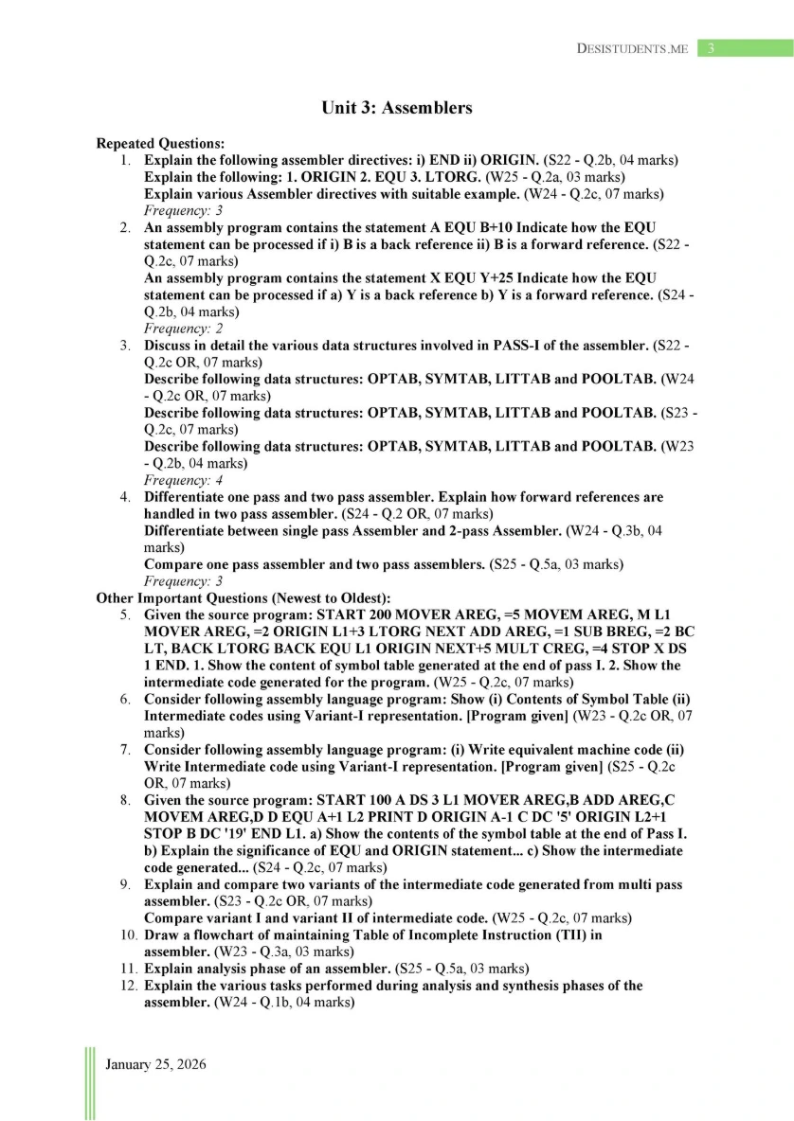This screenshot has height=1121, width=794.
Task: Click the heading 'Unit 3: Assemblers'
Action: [396, 108]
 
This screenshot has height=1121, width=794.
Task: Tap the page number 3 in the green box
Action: [712, 48]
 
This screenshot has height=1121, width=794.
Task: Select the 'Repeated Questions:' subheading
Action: [160, 143]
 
